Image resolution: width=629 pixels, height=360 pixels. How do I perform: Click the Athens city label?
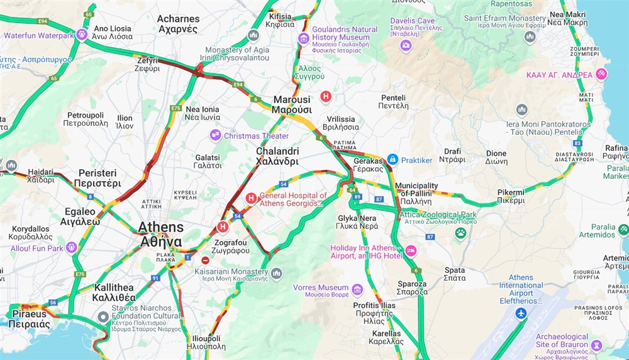click(x=161, y=234)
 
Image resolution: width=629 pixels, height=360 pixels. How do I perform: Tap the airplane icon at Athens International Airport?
click(x=521, y=313)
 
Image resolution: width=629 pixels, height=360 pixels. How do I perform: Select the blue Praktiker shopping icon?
click(x=392, y=160)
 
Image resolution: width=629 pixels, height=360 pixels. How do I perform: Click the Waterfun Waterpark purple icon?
click(x=82, y=35)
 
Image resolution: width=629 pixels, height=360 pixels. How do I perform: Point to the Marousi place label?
click(x=291, y=104)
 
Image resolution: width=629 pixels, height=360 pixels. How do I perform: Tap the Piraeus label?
click(x=29, y=319)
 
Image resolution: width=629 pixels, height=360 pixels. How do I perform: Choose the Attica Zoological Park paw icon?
click(x=460, y=233)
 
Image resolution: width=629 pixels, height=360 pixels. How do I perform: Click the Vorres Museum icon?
click(x=357, y=289)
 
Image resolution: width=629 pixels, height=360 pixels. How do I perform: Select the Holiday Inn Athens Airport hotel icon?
click(x=411, y=251)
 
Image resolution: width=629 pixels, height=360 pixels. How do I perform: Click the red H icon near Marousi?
click(x=326, y=96)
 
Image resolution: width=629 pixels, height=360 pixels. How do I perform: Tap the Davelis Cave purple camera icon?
click(x=406, y=45)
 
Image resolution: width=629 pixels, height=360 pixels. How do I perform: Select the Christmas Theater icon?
click(x=215, y=135)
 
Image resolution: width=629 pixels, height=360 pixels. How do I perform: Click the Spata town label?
click(x=454, y=274)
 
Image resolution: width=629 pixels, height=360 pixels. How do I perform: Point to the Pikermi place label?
click(x=510, y=196)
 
